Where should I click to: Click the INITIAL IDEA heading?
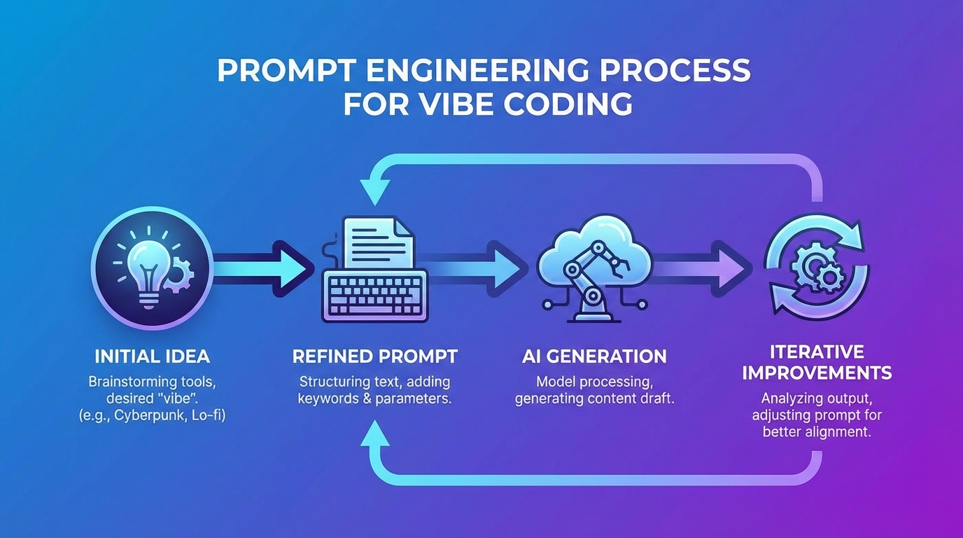point(152,356)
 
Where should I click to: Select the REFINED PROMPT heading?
point(374,356)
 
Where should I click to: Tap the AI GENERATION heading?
point(594,356)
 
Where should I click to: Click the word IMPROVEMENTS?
point(817,373)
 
